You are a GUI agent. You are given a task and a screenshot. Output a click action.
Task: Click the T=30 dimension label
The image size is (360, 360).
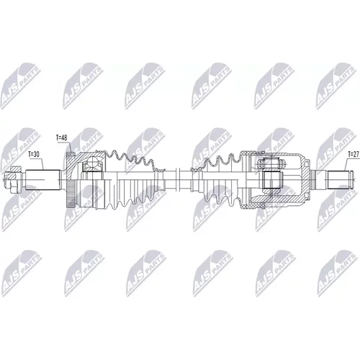point(33,155)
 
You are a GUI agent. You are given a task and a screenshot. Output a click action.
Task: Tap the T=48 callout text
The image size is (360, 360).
point(61,138)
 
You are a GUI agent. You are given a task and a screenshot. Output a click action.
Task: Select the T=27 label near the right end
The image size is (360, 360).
point(354,154)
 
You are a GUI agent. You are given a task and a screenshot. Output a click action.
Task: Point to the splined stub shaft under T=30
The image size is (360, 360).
point(42,180)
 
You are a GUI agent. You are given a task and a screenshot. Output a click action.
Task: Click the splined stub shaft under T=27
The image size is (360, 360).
point(338,180)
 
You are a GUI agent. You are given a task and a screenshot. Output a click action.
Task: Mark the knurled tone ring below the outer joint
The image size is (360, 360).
point(71,194)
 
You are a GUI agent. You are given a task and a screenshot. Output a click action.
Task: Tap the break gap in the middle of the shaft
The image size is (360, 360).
point(178,179)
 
